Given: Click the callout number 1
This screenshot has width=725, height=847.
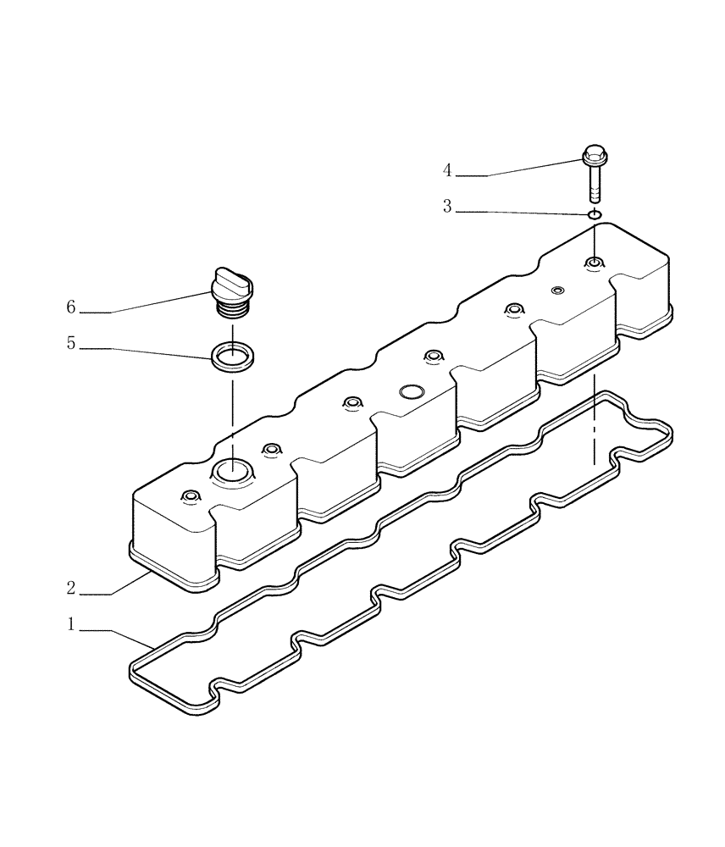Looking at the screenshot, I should coord(72,624).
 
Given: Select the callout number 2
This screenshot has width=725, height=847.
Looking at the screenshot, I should coord(72,587).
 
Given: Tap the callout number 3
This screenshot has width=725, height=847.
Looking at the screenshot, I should coord(447,207).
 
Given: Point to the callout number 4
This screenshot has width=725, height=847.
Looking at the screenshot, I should coord(447,170).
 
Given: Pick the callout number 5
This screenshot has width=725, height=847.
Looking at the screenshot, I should coord(72,344).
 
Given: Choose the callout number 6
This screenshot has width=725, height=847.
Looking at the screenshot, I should coord(72,307).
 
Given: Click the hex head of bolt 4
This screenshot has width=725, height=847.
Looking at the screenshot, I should coord(593,155).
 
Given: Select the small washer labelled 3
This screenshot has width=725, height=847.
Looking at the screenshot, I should coord(595,214).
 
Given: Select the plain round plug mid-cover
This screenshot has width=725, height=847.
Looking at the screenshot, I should coord(411,392).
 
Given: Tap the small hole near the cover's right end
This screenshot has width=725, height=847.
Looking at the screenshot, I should coord(557,291).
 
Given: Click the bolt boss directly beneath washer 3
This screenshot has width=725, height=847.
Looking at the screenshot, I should coord(595,263).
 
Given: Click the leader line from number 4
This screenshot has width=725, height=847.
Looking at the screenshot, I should coord(534,167).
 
